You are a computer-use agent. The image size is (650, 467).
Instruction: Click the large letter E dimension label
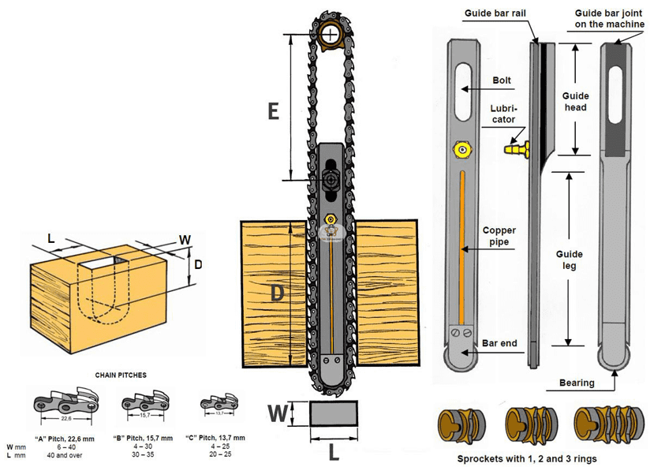(273, 111)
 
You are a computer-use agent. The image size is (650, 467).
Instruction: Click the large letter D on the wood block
(277, 293)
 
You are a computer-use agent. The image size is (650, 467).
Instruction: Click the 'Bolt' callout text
(502, 80)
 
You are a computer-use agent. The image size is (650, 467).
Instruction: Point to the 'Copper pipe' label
(499, 237)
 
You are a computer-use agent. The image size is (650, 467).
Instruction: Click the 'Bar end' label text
(499, 344)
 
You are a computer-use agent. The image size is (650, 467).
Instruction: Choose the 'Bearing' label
(577, 383)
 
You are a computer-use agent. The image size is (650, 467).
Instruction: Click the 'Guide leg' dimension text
(570, 260)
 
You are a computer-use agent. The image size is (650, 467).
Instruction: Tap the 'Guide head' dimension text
(574, 101)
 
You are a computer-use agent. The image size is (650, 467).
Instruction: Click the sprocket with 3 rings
(603, 425)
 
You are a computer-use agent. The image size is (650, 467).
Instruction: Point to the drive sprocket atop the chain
(331, 34)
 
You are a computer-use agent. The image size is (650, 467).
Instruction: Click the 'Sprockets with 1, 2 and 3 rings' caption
(526, 458)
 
